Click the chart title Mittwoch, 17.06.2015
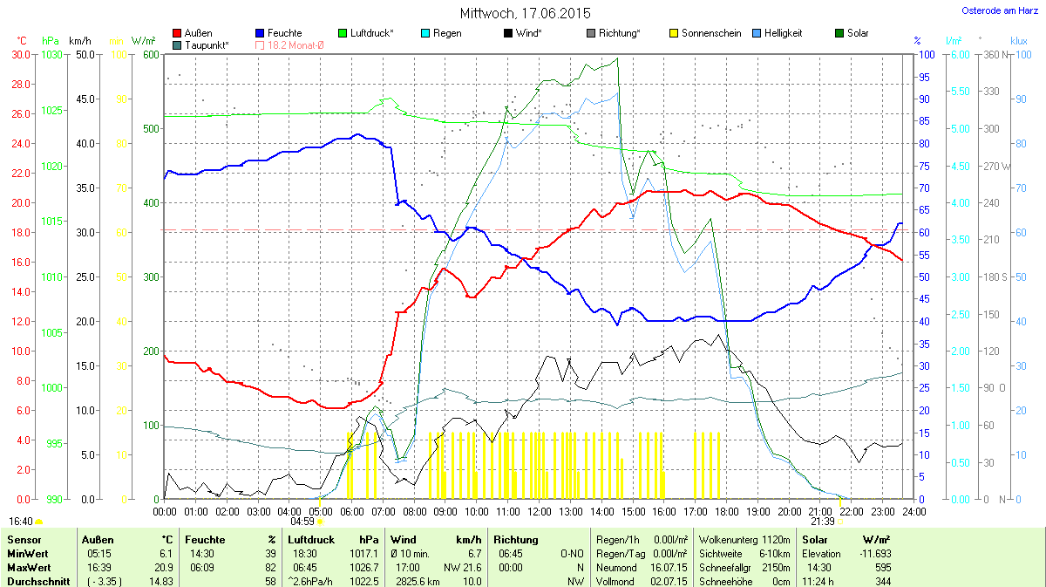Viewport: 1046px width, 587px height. [525, 13]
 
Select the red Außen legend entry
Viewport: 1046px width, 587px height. [193, 33]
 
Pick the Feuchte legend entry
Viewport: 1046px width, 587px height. [278, 33]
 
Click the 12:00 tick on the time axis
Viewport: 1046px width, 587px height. [540, 511]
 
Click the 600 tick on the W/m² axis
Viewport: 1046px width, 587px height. [151, 54]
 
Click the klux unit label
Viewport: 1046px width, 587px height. [1018, 41]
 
